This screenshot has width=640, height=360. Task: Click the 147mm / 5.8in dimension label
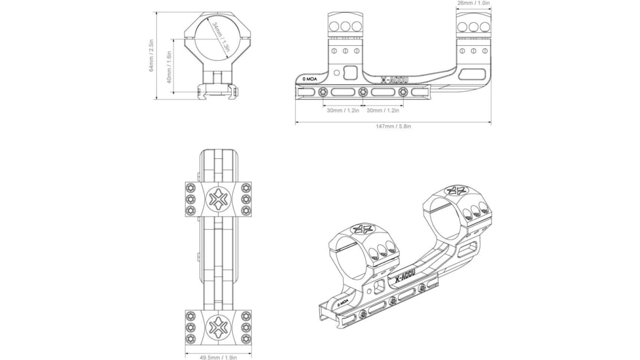393,126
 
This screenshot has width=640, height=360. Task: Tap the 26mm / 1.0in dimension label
474,3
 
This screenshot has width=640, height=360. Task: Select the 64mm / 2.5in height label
151,56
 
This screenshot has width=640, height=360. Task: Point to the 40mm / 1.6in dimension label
169,67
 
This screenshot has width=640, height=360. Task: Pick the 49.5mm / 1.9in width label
219,357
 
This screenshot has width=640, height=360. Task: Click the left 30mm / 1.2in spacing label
343,111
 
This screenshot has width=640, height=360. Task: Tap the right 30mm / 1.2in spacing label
383,111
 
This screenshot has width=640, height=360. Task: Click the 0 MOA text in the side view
310,79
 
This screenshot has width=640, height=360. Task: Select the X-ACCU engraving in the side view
395,81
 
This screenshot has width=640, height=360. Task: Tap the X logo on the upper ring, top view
218,199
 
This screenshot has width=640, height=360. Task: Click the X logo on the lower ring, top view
218,327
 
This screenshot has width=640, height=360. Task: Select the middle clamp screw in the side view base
363,92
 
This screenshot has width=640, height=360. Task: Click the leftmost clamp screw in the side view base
323,92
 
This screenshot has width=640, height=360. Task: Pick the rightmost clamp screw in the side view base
403,92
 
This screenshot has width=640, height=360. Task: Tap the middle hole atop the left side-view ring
346,27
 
